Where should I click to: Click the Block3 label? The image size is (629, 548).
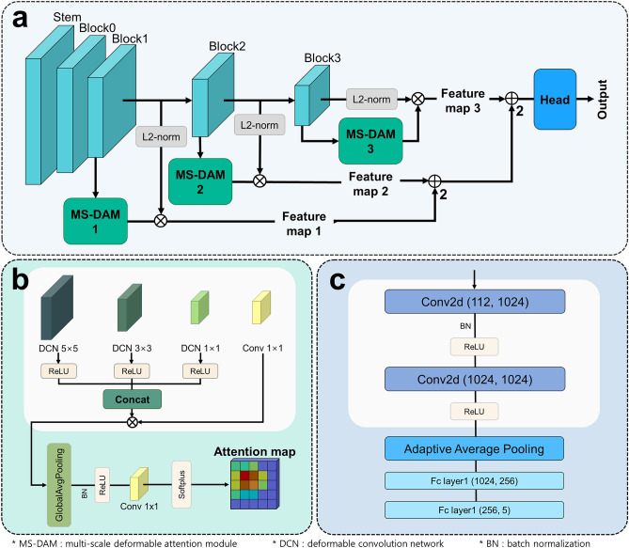pos(322,56)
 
